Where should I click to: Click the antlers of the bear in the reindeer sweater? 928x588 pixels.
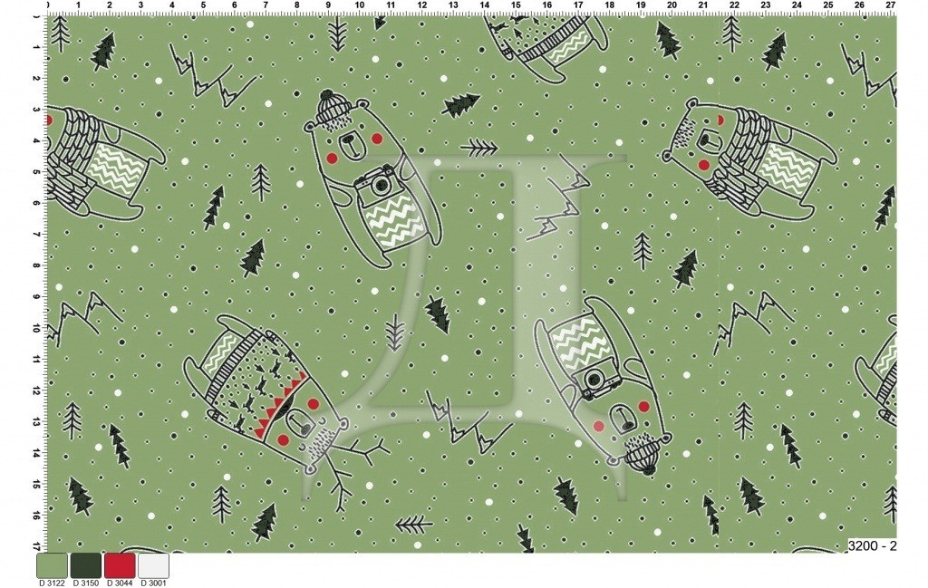click(x=349, y=468)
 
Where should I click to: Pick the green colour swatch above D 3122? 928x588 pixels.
click(x=52, y=565)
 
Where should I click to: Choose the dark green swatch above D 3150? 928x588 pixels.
click(x=86, y=565)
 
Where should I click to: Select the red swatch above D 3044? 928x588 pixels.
click(x=120, y=565)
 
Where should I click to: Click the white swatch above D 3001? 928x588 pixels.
click(x=153, y=565)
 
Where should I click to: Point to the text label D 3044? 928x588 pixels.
click(x=120, y=583)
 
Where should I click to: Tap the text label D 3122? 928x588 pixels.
click(x=52, y=583)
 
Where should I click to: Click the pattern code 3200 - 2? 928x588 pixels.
click(x=873, y=545)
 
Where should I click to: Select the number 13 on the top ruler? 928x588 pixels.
click(x=453, y=5)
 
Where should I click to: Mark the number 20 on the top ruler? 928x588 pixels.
click(x=672, y=5)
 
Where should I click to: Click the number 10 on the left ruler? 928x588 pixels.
click(x=36, y=328)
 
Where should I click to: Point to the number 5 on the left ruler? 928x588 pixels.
click(x=36, y=172)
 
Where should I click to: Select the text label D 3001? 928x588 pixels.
click(x=153, y=583)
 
